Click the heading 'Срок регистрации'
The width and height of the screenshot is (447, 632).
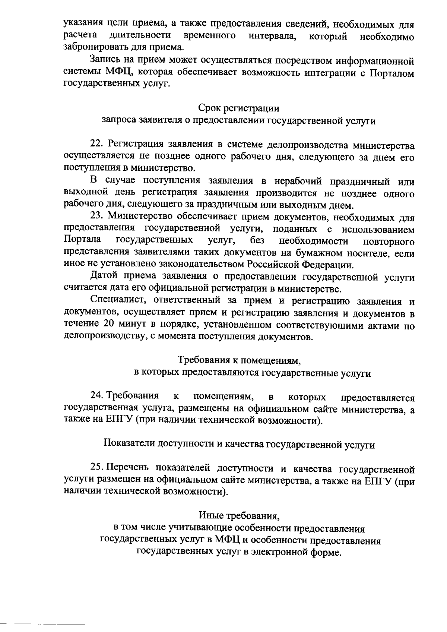click(x=239, y=108)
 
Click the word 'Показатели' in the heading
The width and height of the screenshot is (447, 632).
click(x=129, y=444)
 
